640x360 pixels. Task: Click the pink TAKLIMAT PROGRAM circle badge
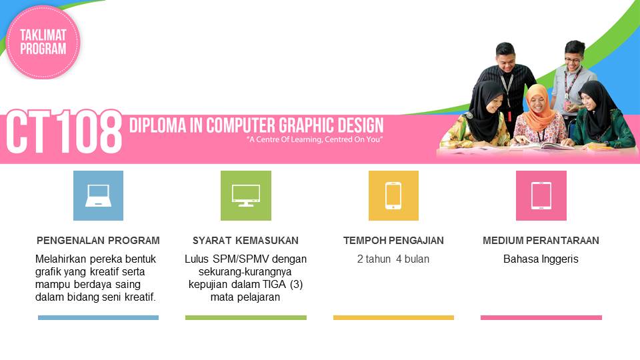click(43, 42)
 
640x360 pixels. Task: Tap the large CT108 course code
click(64, 133)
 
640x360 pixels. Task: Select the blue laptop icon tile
click(98, 195)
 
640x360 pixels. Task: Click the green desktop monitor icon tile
click(246, 195)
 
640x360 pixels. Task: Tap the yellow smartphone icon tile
click(393, 195)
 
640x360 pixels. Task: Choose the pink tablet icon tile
click(541, 195)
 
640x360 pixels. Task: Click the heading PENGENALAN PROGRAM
click(98, 241)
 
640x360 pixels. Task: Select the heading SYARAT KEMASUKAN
click(245, 241)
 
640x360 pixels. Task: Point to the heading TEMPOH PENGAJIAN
click(393, 241)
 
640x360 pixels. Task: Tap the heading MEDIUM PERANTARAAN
click(541, 241)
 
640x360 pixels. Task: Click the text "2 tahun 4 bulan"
click(393, 259)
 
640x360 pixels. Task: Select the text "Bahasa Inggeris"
click(541, 259)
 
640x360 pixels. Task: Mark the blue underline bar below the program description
click(98, 318)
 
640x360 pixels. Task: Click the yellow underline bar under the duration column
click(393, 318)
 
